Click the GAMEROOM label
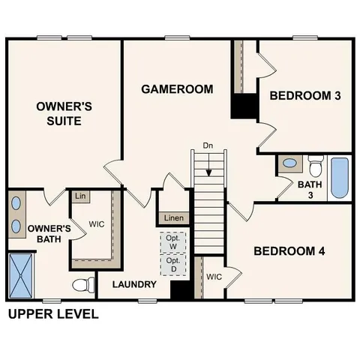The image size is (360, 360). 177,88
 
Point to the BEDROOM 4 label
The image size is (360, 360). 289,251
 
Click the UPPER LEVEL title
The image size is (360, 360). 52,313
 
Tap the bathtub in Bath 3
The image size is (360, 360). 340,177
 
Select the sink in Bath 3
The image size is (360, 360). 289,163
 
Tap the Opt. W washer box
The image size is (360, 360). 172,242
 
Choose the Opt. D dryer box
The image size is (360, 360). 172,265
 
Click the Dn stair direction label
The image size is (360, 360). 208,145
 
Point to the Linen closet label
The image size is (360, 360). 174,218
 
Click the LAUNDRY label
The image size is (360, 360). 134,285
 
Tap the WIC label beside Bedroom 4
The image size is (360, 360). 214,277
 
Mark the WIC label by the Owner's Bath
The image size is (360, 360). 96,224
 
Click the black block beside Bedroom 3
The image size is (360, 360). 244,106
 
